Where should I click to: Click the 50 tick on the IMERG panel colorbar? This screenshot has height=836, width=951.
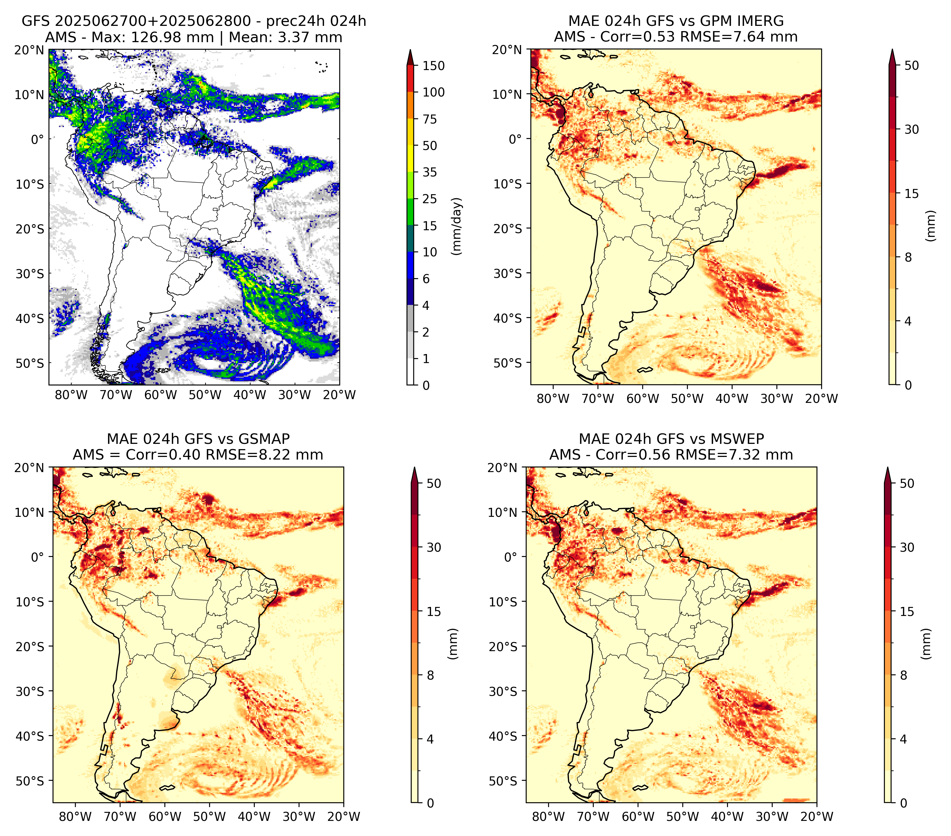911,66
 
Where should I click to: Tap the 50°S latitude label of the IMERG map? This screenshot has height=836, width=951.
508,362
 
